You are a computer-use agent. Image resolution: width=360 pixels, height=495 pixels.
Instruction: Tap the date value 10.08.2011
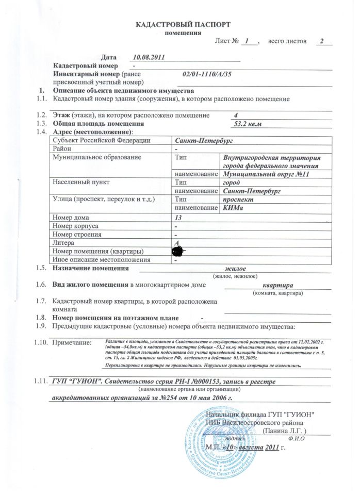pos(149,57)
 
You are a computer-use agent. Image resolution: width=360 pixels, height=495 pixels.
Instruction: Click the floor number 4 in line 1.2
pos(236,115)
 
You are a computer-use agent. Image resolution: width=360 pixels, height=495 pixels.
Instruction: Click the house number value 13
pos(179,217)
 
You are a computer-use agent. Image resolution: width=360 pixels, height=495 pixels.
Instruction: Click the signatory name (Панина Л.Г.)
pos(285,430)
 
